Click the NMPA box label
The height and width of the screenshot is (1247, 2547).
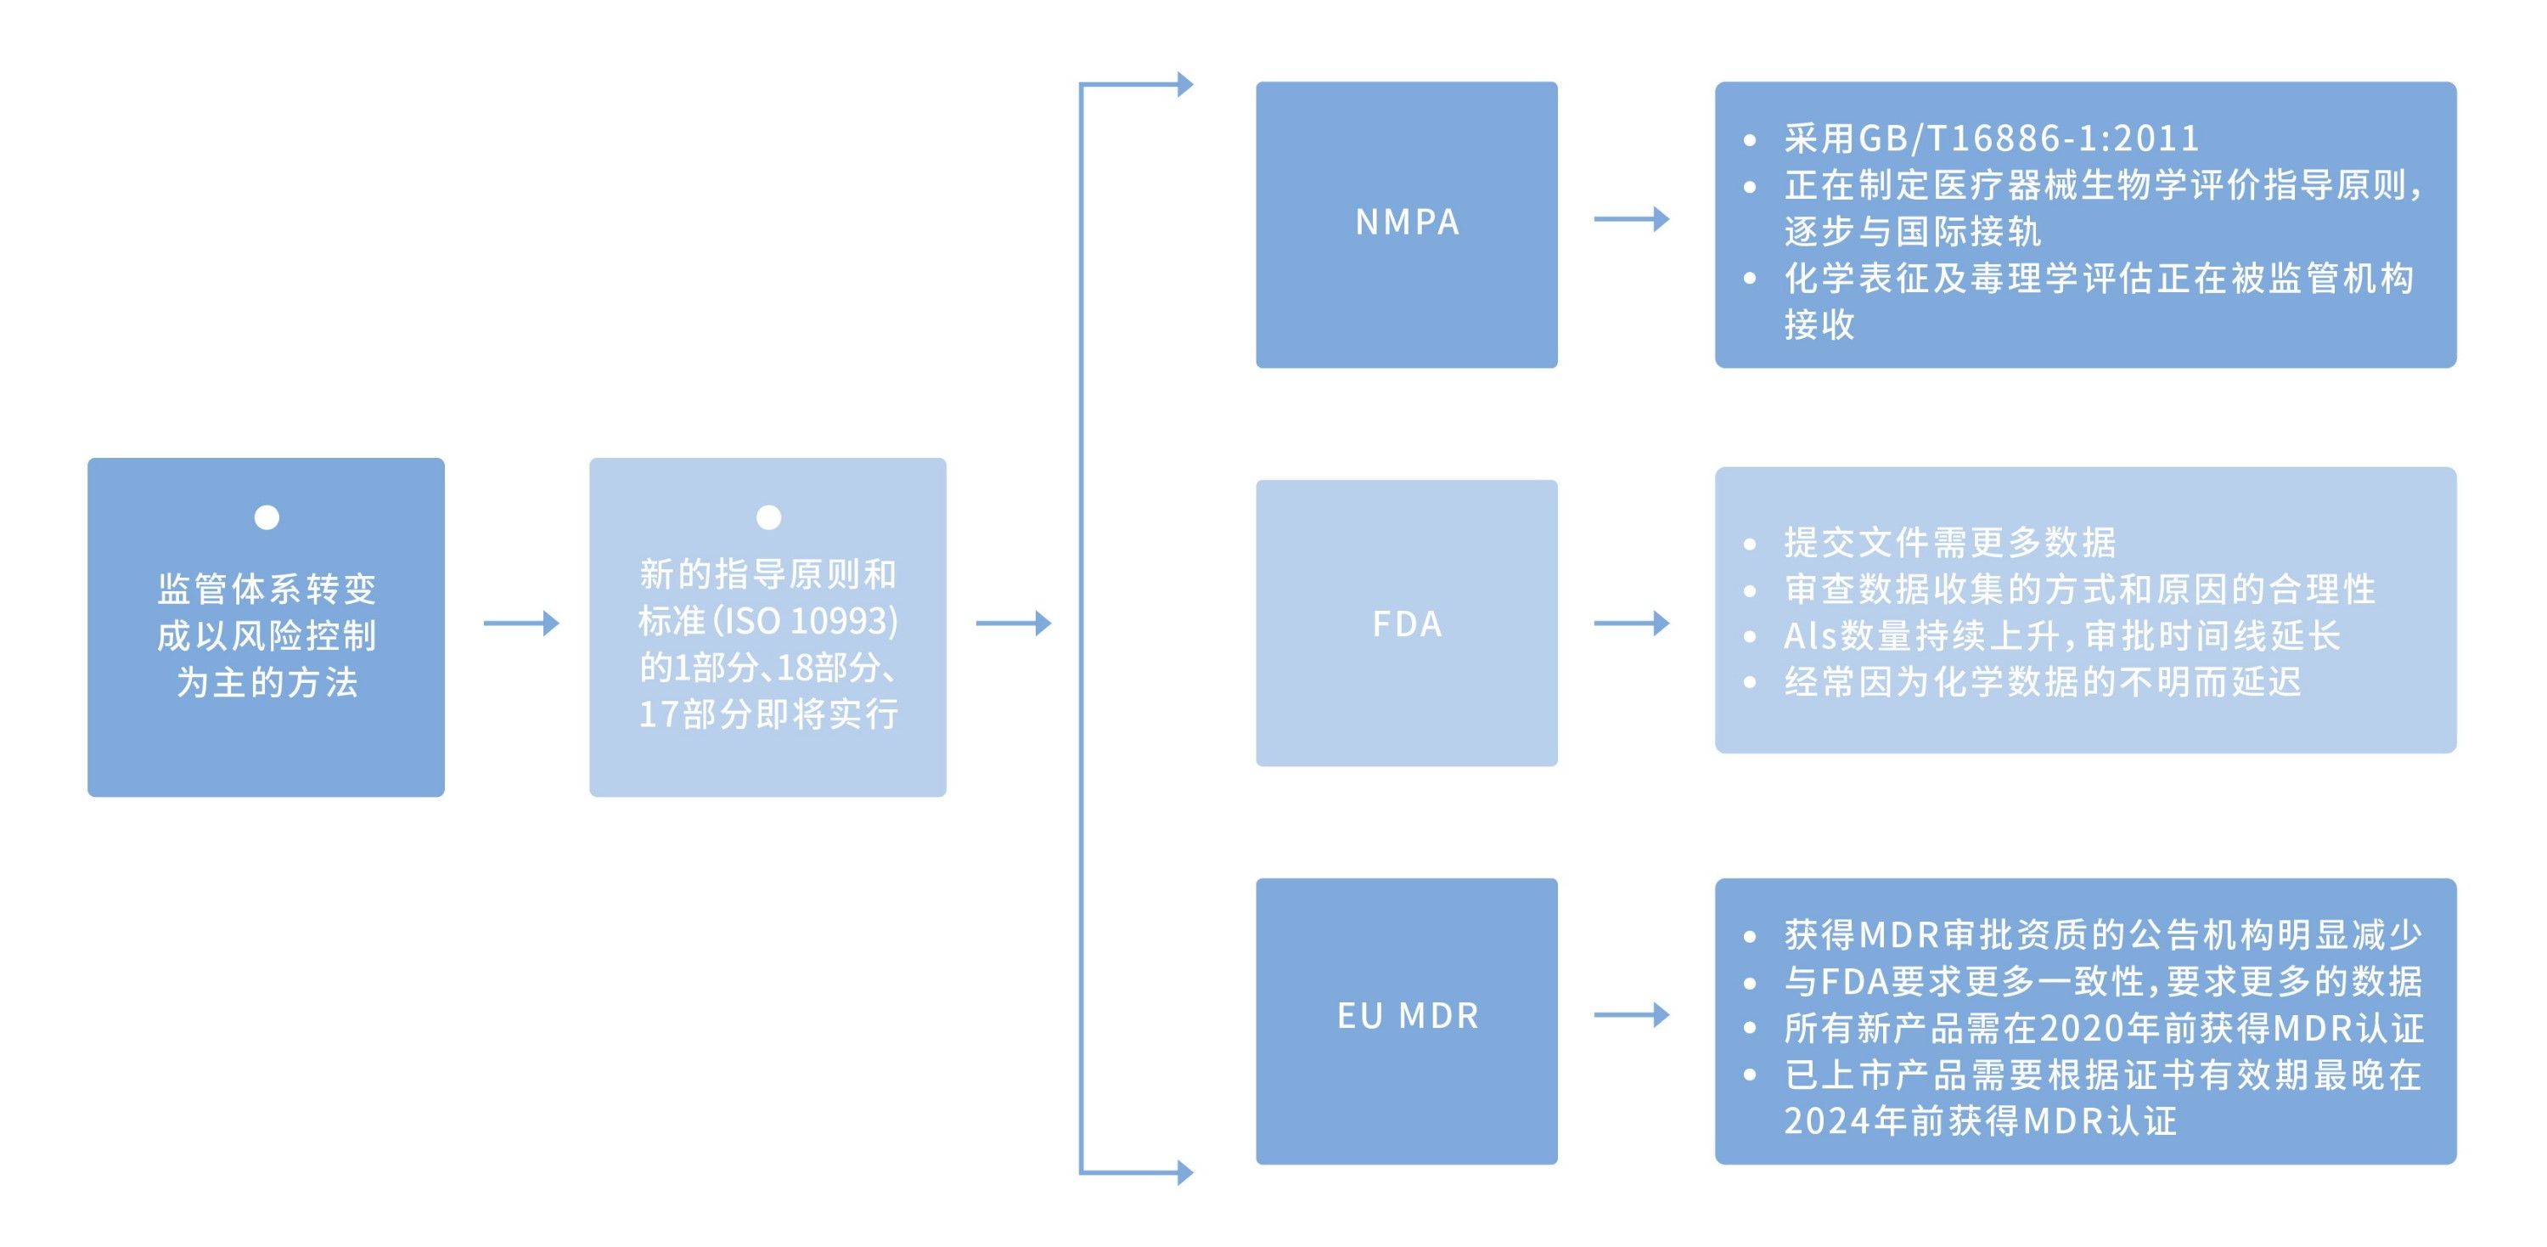[x=1406, y=223]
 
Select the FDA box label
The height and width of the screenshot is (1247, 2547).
[x=1406, y=624]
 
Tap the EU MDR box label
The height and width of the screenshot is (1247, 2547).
[x=1407, y=1016]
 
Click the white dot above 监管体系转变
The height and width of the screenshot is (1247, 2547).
[x=266, y=517]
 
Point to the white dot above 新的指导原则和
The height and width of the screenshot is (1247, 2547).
[x=768, y=517]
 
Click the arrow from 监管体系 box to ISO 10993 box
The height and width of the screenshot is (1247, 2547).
[x=521, y=623]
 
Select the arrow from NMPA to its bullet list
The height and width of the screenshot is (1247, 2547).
[x=1632, y=219]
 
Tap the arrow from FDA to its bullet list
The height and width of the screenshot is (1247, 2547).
[x=1632, y=623]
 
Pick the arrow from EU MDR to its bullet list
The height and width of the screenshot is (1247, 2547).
[x=1632, y=1014]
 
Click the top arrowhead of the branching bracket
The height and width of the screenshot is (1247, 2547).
[x=1184, y=85]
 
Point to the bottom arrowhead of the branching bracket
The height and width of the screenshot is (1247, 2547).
[x=1184, y=1173]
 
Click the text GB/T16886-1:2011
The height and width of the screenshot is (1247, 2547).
[x=2029, y=138]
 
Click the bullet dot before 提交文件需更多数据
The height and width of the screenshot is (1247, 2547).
[x=1749, y=544]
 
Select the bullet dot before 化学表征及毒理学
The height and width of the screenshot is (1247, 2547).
[x=1749, y=279]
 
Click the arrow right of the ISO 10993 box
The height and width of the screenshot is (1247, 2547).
[x=1014, y=623]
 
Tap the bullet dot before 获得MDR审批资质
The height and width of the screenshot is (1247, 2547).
[x=1749, y=935]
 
